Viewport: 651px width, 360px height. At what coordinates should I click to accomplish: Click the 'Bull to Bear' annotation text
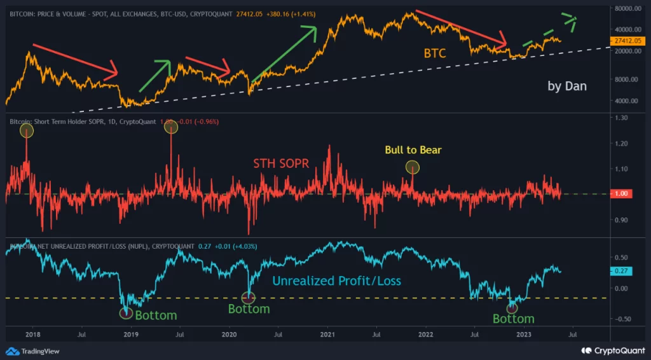(413, 150)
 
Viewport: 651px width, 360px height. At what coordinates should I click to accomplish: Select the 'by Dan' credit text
(567, 86)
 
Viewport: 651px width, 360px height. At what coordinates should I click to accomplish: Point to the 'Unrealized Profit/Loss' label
(337, 280)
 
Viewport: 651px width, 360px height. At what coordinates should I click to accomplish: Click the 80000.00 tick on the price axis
(627, 9)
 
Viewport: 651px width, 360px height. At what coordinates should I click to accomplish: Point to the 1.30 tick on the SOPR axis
(620, 118)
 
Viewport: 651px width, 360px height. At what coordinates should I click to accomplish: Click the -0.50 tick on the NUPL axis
(622, 319)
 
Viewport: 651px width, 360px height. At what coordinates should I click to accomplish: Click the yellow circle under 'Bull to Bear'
(413, 167)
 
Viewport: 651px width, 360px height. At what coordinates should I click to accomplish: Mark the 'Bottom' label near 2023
(513, 319)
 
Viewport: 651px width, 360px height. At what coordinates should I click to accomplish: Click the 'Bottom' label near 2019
(156, 315)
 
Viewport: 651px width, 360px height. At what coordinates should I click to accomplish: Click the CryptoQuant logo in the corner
(612, 350)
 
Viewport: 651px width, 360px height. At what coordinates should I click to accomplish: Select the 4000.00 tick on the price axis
(626, 100)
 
